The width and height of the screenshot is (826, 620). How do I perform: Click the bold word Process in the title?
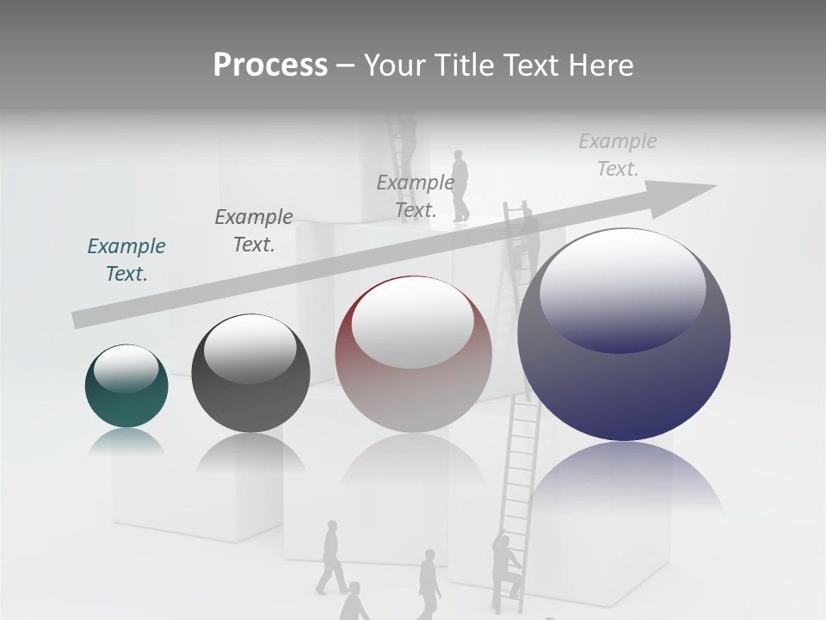coord(270,65)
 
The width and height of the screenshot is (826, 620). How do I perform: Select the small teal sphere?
coord(126,387)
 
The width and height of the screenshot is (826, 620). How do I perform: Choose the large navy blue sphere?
coord(624,336)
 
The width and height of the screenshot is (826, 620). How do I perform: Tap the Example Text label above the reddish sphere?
coord(416,196)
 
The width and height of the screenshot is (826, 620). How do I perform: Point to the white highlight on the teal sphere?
coord(126,369)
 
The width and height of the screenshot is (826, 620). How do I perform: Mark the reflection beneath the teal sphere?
coord(126,443)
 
